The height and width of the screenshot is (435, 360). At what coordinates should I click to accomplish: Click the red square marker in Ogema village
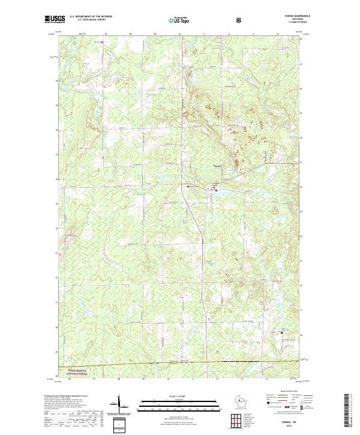pos(211,190)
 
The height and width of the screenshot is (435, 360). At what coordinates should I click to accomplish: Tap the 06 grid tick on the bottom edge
pos(70,379)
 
